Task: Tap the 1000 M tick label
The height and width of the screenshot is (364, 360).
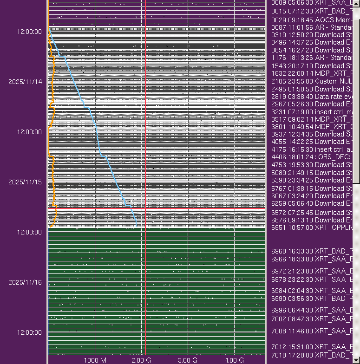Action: click(95, 360)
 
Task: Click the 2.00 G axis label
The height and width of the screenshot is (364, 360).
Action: click(141, 360)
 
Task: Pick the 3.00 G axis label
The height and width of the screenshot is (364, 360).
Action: click(188, 360)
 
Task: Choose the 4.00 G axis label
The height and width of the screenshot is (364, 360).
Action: click(234, 360)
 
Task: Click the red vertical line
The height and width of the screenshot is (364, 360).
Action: click(145, 186)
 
